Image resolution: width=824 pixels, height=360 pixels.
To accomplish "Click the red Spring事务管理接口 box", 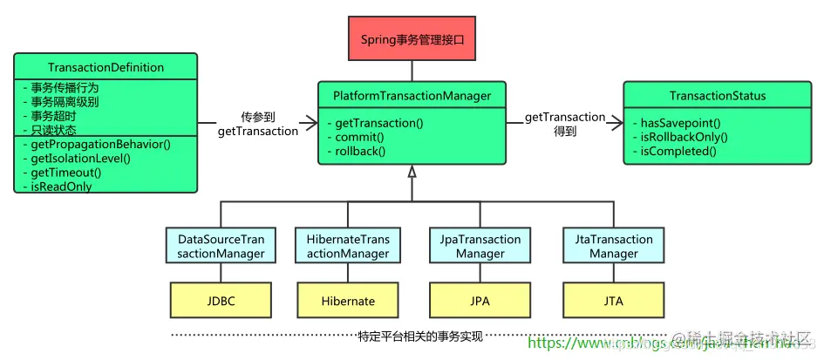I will tap(412, 38).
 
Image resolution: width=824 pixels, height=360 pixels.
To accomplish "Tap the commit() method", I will tap(353, 137).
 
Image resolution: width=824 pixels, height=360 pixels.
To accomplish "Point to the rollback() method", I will tap(358, 151).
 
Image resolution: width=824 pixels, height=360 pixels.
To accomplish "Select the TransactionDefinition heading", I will tap(106, 67).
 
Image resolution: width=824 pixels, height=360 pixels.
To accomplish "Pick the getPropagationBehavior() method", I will tap(100, 144).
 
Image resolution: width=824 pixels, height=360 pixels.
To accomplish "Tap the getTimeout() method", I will tap(65, 173).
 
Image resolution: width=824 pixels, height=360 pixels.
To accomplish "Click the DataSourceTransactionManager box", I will tap(221, 246).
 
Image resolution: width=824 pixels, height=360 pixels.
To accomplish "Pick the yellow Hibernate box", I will tap(348, 301).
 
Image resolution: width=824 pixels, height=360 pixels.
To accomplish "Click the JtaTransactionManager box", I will tap(613, 246).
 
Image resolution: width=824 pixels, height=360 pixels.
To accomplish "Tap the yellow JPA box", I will tap(480, 301).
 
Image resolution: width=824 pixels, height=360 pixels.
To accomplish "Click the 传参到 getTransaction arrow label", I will tap(257, 124).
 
